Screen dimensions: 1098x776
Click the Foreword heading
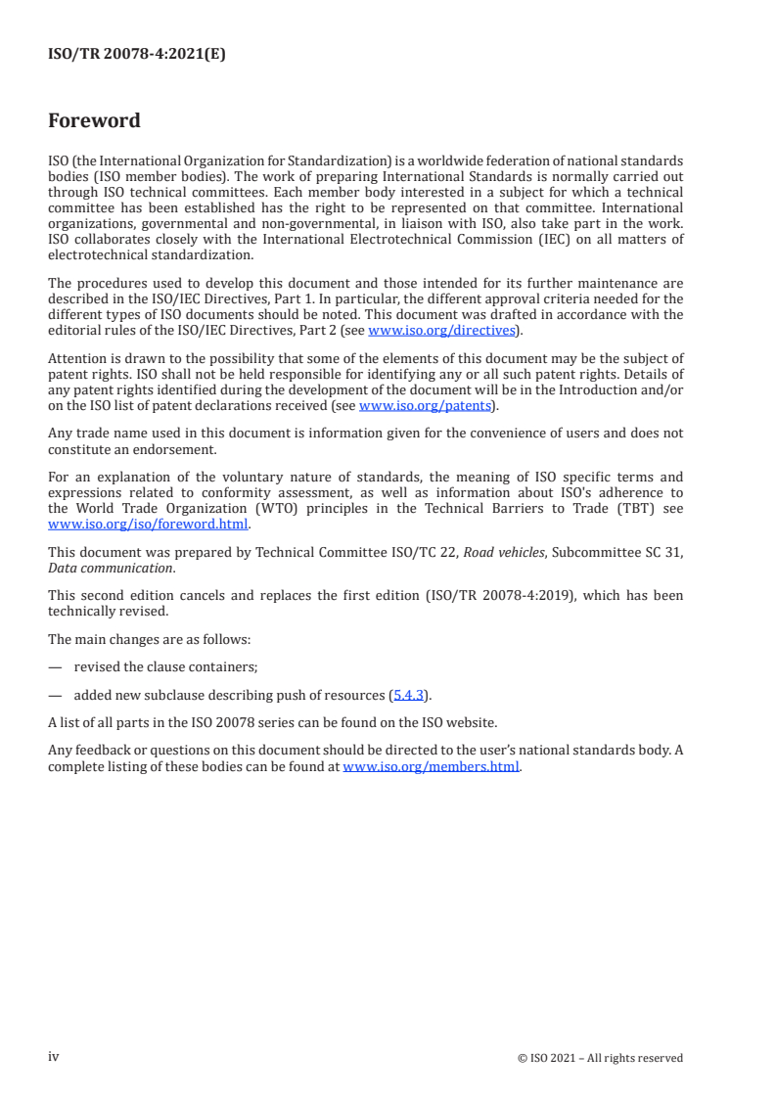pos(94,121)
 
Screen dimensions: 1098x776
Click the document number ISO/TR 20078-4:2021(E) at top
pos(137,55)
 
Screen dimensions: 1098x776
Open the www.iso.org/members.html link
pos(432,767)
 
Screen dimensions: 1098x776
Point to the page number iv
pos(54,1057)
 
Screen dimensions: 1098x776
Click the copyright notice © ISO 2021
pos(600,1058)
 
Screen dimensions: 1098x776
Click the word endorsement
pos(181,448)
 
